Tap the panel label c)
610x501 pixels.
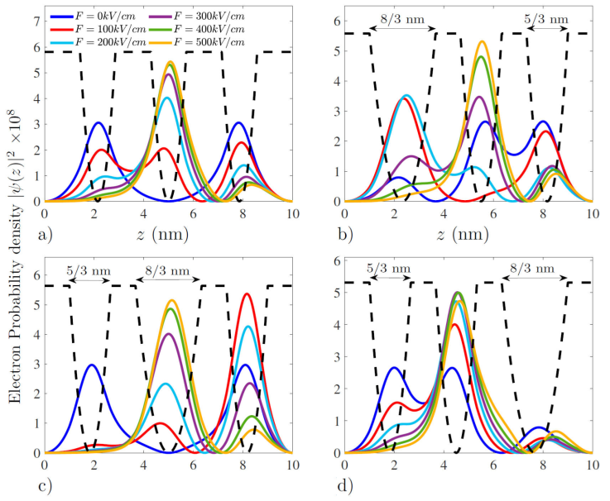pos(47,487)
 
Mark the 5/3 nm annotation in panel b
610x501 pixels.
pos(547,18)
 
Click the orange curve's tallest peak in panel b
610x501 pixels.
pos(482,41)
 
